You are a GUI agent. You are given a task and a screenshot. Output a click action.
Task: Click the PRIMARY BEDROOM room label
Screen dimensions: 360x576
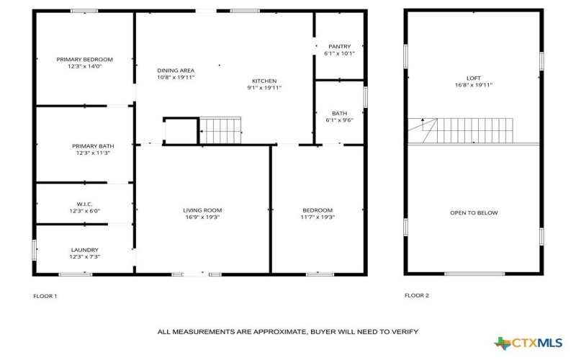click(85, 59)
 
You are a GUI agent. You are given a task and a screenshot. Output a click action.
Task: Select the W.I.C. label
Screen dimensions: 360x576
click(85, 204)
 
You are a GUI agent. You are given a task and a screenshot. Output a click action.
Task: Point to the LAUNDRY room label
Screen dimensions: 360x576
click(85, 250)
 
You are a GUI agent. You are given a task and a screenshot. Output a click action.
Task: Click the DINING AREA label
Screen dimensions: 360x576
click(176, 71)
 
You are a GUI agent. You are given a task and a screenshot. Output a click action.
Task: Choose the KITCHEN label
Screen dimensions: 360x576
click(264, 81)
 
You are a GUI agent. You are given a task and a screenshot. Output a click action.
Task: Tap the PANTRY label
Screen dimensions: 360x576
click(339, 47)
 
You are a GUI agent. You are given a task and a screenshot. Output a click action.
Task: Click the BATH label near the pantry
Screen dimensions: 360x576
click(339, 113)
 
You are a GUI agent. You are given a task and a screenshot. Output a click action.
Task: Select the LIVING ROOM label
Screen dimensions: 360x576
click(202, 210)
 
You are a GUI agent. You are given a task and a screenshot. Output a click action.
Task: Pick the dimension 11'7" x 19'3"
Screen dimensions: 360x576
click(318, 217)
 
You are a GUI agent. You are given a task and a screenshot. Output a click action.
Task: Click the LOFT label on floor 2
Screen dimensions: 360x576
click(473, 78)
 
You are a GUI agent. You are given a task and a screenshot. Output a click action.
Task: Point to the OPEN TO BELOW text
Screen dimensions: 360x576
click(474, 212)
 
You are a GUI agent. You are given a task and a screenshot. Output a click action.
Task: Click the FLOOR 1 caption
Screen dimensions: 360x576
click(45, 296)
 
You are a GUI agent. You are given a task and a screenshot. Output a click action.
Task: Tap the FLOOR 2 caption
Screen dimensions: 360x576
click(416, 295)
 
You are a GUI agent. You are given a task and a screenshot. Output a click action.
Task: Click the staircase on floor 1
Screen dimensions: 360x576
click(220, 131)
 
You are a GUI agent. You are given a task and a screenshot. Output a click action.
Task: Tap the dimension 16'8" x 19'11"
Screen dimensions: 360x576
click(473, 85)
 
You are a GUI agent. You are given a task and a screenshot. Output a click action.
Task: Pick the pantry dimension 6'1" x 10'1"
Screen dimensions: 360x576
click(339, 54)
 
